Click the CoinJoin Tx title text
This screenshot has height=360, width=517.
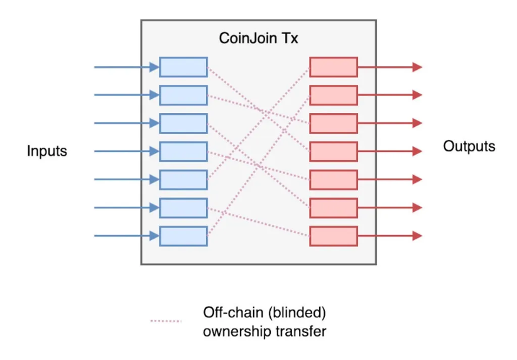tap(258, 38)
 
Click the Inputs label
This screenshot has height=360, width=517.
tap(47, 151)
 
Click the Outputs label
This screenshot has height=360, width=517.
tap(469, 146)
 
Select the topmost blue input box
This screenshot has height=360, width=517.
tap(183, 67)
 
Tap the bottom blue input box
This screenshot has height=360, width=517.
tap(183, 236)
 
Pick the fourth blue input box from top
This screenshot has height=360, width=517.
tap(183, 151)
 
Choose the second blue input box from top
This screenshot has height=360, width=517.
tap(183, 95)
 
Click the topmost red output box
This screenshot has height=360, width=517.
tap(334, 67)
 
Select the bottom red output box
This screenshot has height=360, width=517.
tap(334, 236)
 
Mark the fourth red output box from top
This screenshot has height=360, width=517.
tap(334, 151)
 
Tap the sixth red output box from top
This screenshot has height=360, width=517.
tap(334, 208)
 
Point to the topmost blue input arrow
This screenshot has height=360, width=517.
tap(126, 67)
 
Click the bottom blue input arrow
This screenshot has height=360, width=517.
tap(126, 236)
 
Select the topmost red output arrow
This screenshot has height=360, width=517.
tap(389, 67)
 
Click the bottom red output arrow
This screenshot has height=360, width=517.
tap(389, 236)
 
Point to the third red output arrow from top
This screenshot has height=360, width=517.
tap(389, 123)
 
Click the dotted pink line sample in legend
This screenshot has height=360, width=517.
tap(166, 321)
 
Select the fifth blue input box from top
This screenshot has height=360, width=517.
tap(183, 180)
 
